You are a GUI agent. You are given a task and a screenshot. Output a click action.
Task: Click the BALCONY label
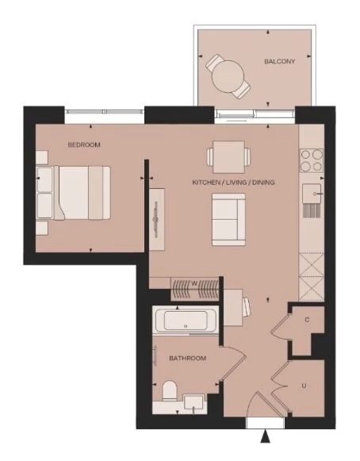[x=280, y=61]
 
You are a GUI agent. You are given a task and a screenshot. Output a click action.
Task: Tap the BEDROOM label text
[x=84, y=145]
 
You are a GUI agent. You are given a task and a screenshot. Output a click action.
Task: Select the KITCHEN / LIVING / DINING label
[x=233, y=182]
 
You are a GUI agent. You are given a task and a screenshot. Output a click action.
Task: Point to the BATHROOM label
[x=188, y=359]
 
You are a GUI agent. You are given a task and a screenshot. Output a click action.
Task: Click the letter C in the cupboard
[x=307, y=320]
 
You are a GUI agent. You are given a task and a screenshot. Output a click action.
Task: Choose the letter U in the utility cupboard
[x=304, y=386]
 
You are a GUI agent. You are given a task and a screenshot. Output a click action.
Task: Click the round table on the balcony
[x=228, y=77]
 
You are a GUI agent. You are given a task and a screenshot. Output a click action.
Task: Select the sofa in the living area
[x=228, y=219]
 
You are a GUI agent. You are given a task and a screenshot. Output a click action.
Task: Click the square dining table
[x=229, y=153]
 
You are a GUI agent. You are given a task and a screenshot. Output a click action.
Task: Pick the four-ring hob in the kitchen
[x=311, y=161]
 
